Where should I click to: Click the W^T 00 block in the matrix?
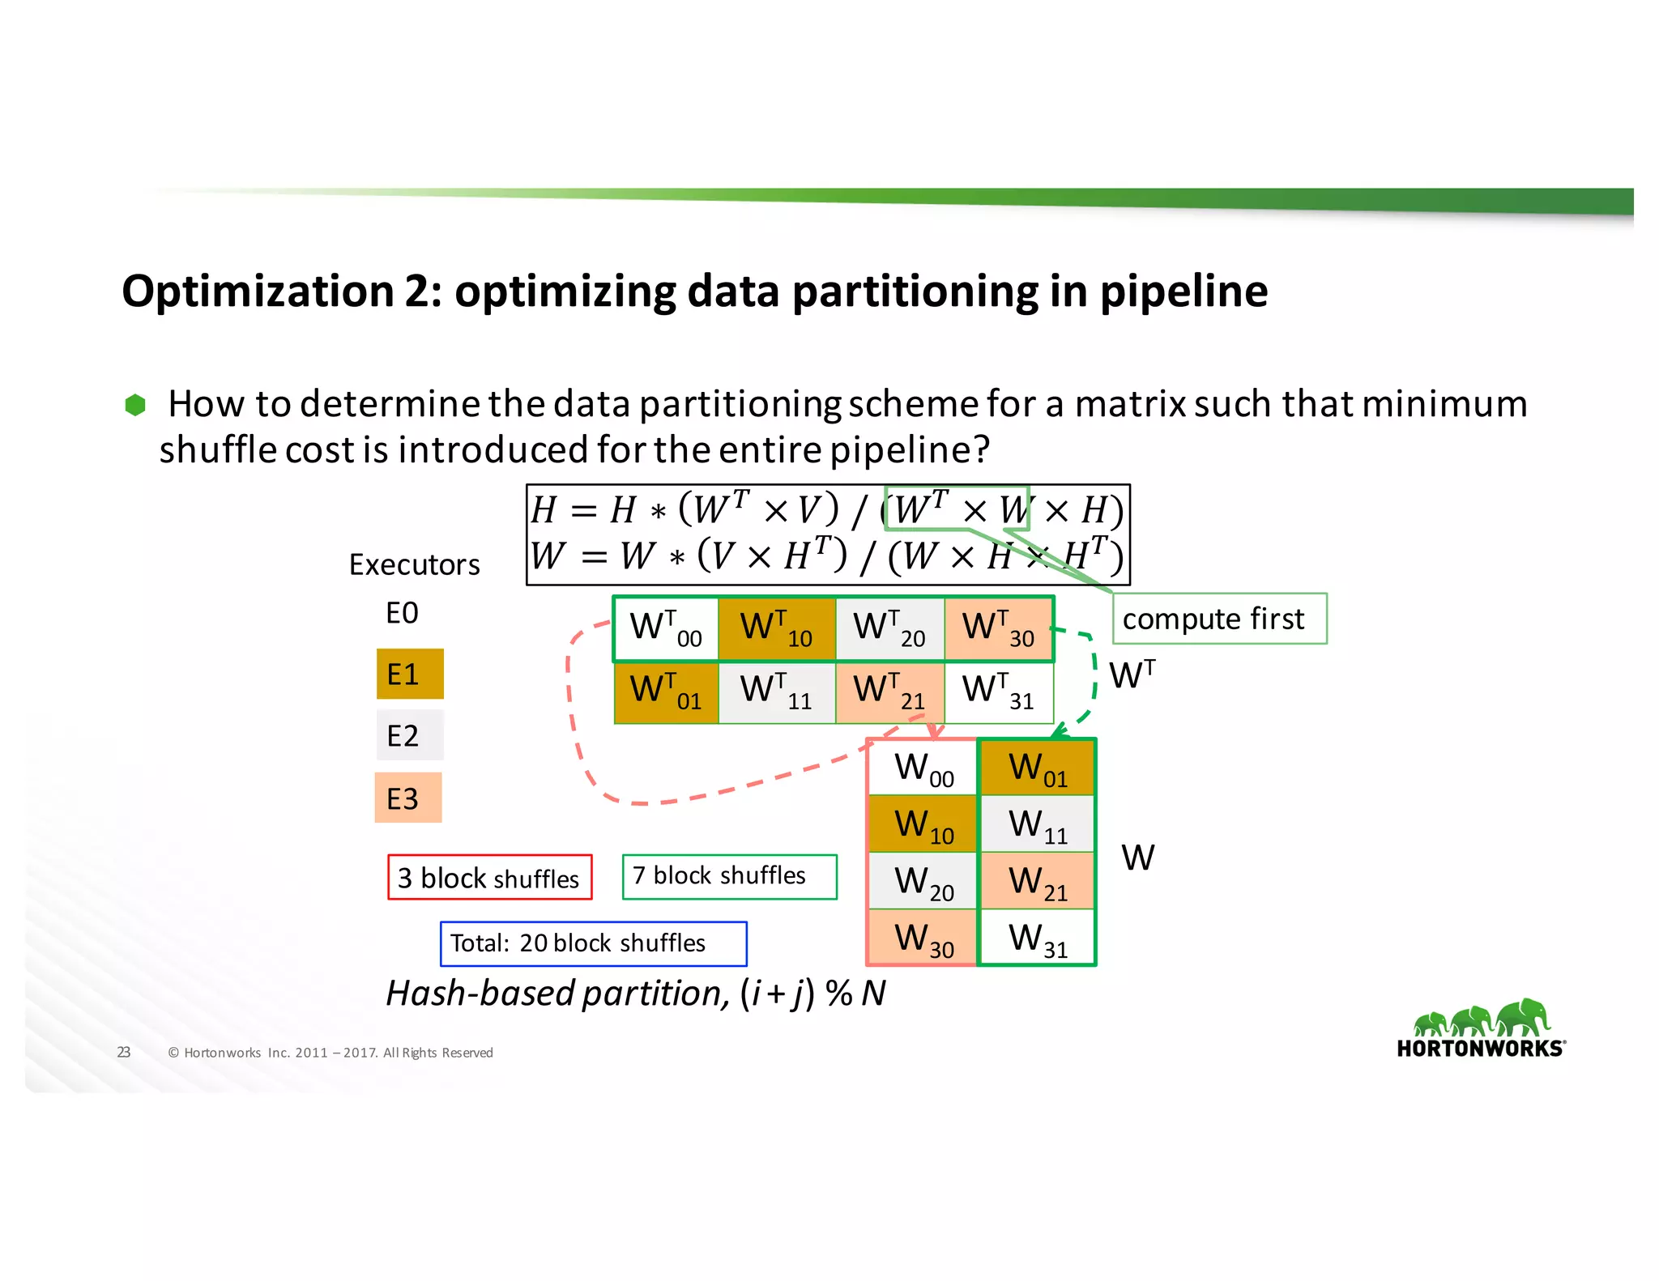(x=666, y=628)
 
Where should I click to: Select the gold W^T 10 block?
(x=776, y=628)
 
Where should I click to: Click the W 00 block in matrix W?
(x=923, y=768)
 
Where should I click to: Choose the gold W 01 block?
(x=1037, y=768)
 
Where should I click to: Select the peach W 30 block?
(x=923, y=938)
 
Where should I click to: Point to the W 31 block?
(x=1037, y=938)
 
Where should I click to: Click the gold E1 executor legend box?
(x=410, y=674)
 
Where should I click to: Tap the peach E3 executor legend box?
(x=408, y=798)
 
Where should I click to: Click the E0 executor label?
(x=402, y=613)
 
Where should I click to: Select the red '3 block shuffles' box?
(x=489, y=877)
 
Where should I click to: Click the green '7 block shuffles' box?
(x=729, y=876)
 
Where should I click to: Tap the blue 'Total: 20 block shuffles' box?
(x=593, y=943)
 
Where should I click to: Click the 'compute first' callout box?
(x=1219, y=619)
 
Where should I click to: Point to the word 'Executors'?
(x=414, y=564)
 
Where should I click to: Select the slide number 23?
(x=124, y=1052)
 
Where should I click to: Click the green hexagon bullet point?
(x=135, y=405)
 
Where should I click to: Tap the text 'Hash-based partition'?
(x=557, y=993)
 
